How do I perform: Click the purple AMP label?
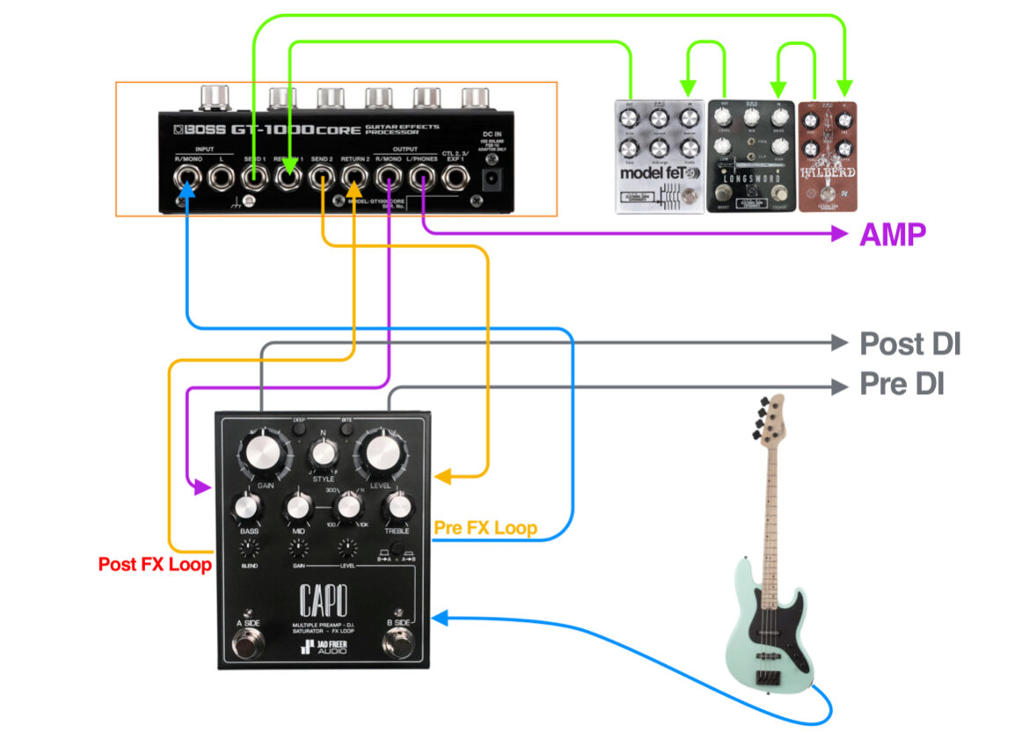coord(893,235)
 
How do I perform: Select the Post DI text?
coord(909,344)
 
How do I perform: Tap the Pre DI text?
coord(901,384)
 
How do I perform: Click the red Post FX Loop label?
coord(155,564)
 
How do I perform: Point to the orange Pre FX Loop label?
coord(485,529)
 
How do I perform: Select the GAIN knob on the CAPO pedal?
coord(266,453)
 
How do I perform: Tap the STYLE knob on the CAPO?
coord(324,454)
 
